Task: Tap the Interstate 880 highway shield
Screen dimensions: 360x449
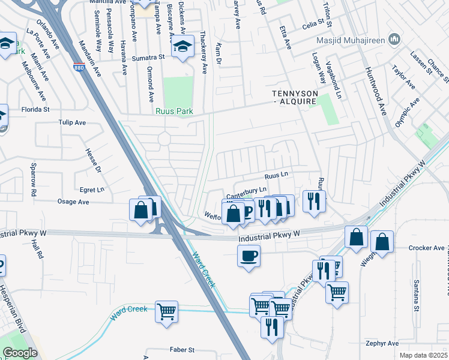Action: click(x=79, y=68)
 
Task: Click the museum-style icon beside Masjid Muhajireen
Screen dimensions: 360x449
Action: click(x=394, y=40)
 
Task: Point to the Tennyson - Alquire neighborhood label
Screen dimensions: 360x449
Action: click(x=298, y=98)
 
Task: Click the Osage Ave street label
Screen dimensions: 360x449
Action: click(x=74, y=202)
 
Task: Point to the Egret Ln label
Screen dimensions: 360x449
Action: click(x=92, y=190)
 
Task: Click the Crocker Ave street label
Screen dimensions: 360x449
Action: click(x=427, y=248)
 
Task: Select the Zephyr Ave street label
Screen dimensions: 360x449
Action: click(x=383, y=344)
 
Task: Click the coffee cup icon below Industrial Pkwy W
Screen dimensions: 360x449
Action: click(x=249, y=256)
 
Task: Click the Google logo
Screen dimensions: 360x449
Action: click(x=20, y=353)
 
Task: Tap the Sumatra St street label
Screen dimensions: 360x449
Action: click(x=149, y=58)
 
